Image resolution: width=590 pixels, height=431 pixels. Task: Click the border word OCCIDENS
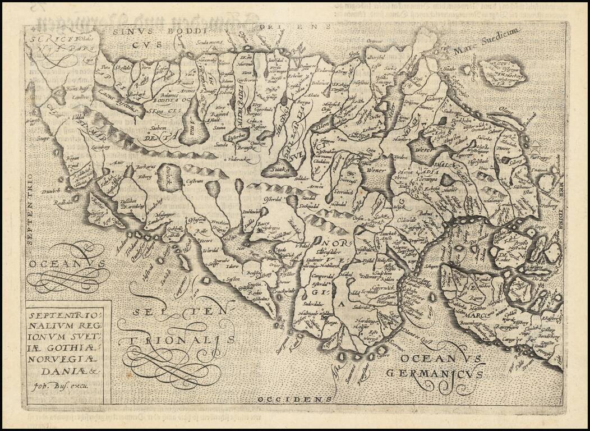[x=286, y=399]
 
